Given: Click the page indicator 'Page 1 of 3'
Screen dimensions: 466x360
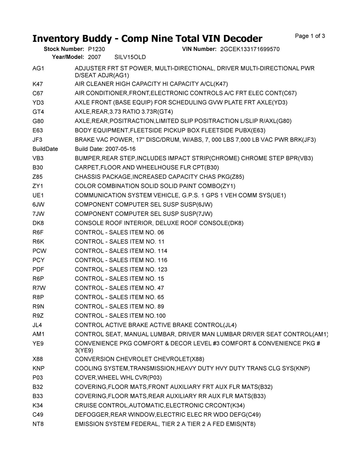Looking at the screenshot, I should tap(310, 36).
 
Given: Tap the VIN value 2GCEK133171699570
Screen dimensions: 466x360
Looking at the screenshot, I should tap(250, 49).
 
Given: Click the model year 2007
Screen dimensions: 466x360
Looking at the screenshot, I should tap(94, 57).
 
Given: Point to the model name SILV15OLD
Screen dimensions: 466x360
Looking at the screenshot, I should tap(130, 57).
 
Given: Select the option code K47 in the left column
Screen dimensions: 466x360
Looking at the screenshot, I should tap(38, 84).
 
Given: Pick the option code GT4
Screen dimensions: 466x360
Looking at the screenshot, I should tap(38, 112).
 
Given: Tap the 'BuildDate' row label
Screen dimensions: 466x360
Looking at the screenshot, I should tap(45, 149).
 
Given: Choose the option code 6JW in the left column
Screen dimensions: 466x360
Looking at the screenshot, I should tap(39, 205).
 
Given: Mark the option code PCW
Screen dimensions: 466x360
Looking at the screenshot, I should tap(39, 251).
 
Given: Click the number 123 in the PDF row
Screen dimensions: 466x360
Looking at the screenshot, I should tap(162, 270).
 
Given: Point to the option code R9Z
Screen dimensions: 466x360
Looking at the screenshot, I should tap(38, 316).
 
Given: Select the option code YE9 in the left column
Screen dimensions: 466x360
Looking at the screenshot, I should tap(38, 344).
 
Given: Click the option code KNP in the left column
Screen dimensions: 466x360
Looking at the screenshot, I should tap(39, 369).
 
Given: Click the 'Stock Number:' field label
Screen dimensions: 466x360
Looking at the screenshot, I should tap(64, 49).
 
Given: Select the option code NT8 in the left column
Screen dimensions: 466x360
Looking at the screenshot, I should tap(38, 424).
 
